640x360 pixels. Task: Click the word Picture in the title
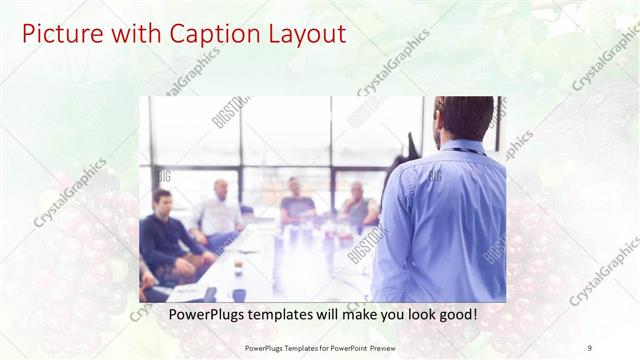tap(59, 34)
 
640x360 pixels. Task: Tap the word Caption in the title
tap(208, 34)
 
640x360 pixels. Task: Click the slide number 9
tap(590, 348)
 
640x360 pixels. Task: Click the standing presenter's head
tap(463, 118)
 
